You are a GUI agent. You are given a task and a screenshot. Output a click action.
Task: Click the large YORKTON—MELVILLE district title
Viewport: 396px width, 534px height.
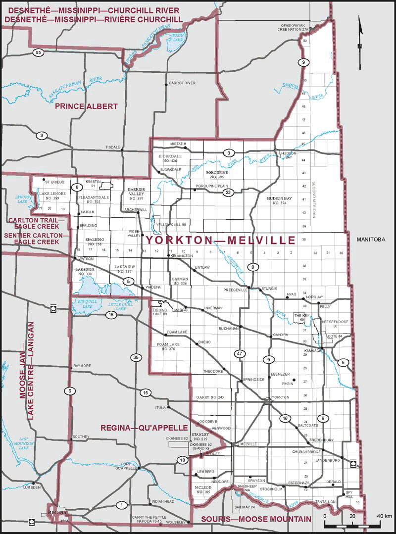click(220, 241)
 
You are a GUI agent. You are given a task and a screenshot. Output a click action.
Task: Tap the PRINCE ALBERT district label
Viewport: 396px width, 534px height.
click(86, 106)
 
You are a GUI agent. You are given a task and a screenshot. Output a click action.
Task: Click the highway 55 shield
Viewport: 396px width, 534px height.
click(37, 52)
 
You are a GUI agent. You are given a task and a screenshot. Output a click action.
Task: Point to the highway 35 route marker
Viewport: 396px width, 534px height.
click(137, 357)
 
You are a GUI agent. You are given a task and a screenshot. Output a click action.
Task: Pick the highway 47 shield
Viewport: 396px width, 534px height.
click(240, 353)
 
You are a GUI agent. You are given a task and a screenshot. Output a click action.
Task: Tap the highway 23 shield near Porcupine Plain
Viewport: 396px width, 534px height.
click(228, 193)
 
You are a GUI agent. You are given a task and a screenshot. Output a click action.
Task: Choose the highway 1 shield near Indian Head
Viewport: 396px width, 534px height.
click(120, 505)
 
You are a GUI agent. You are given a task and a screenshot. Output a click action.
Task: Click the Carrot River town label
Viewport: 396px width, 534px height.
click(183, 83)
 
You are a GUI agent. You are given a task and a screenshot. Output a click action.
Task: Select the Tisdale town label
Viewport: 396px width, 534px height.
click(113, 147)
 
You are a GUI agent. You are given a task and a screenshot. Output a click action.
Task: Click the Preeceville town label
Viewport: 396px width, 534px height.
click(235, 290)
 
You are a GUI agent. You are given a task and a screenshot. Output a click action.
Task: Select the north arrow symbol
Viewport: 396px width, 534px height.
click(360, 35)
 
